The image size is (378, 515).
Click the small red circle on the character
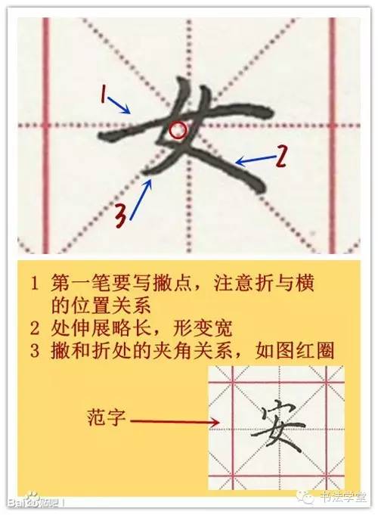tap(178, 130)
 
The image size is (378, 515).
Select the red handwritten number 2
tap(280, 157)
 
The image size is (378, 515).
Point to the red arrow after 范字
tap(177, 419)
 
